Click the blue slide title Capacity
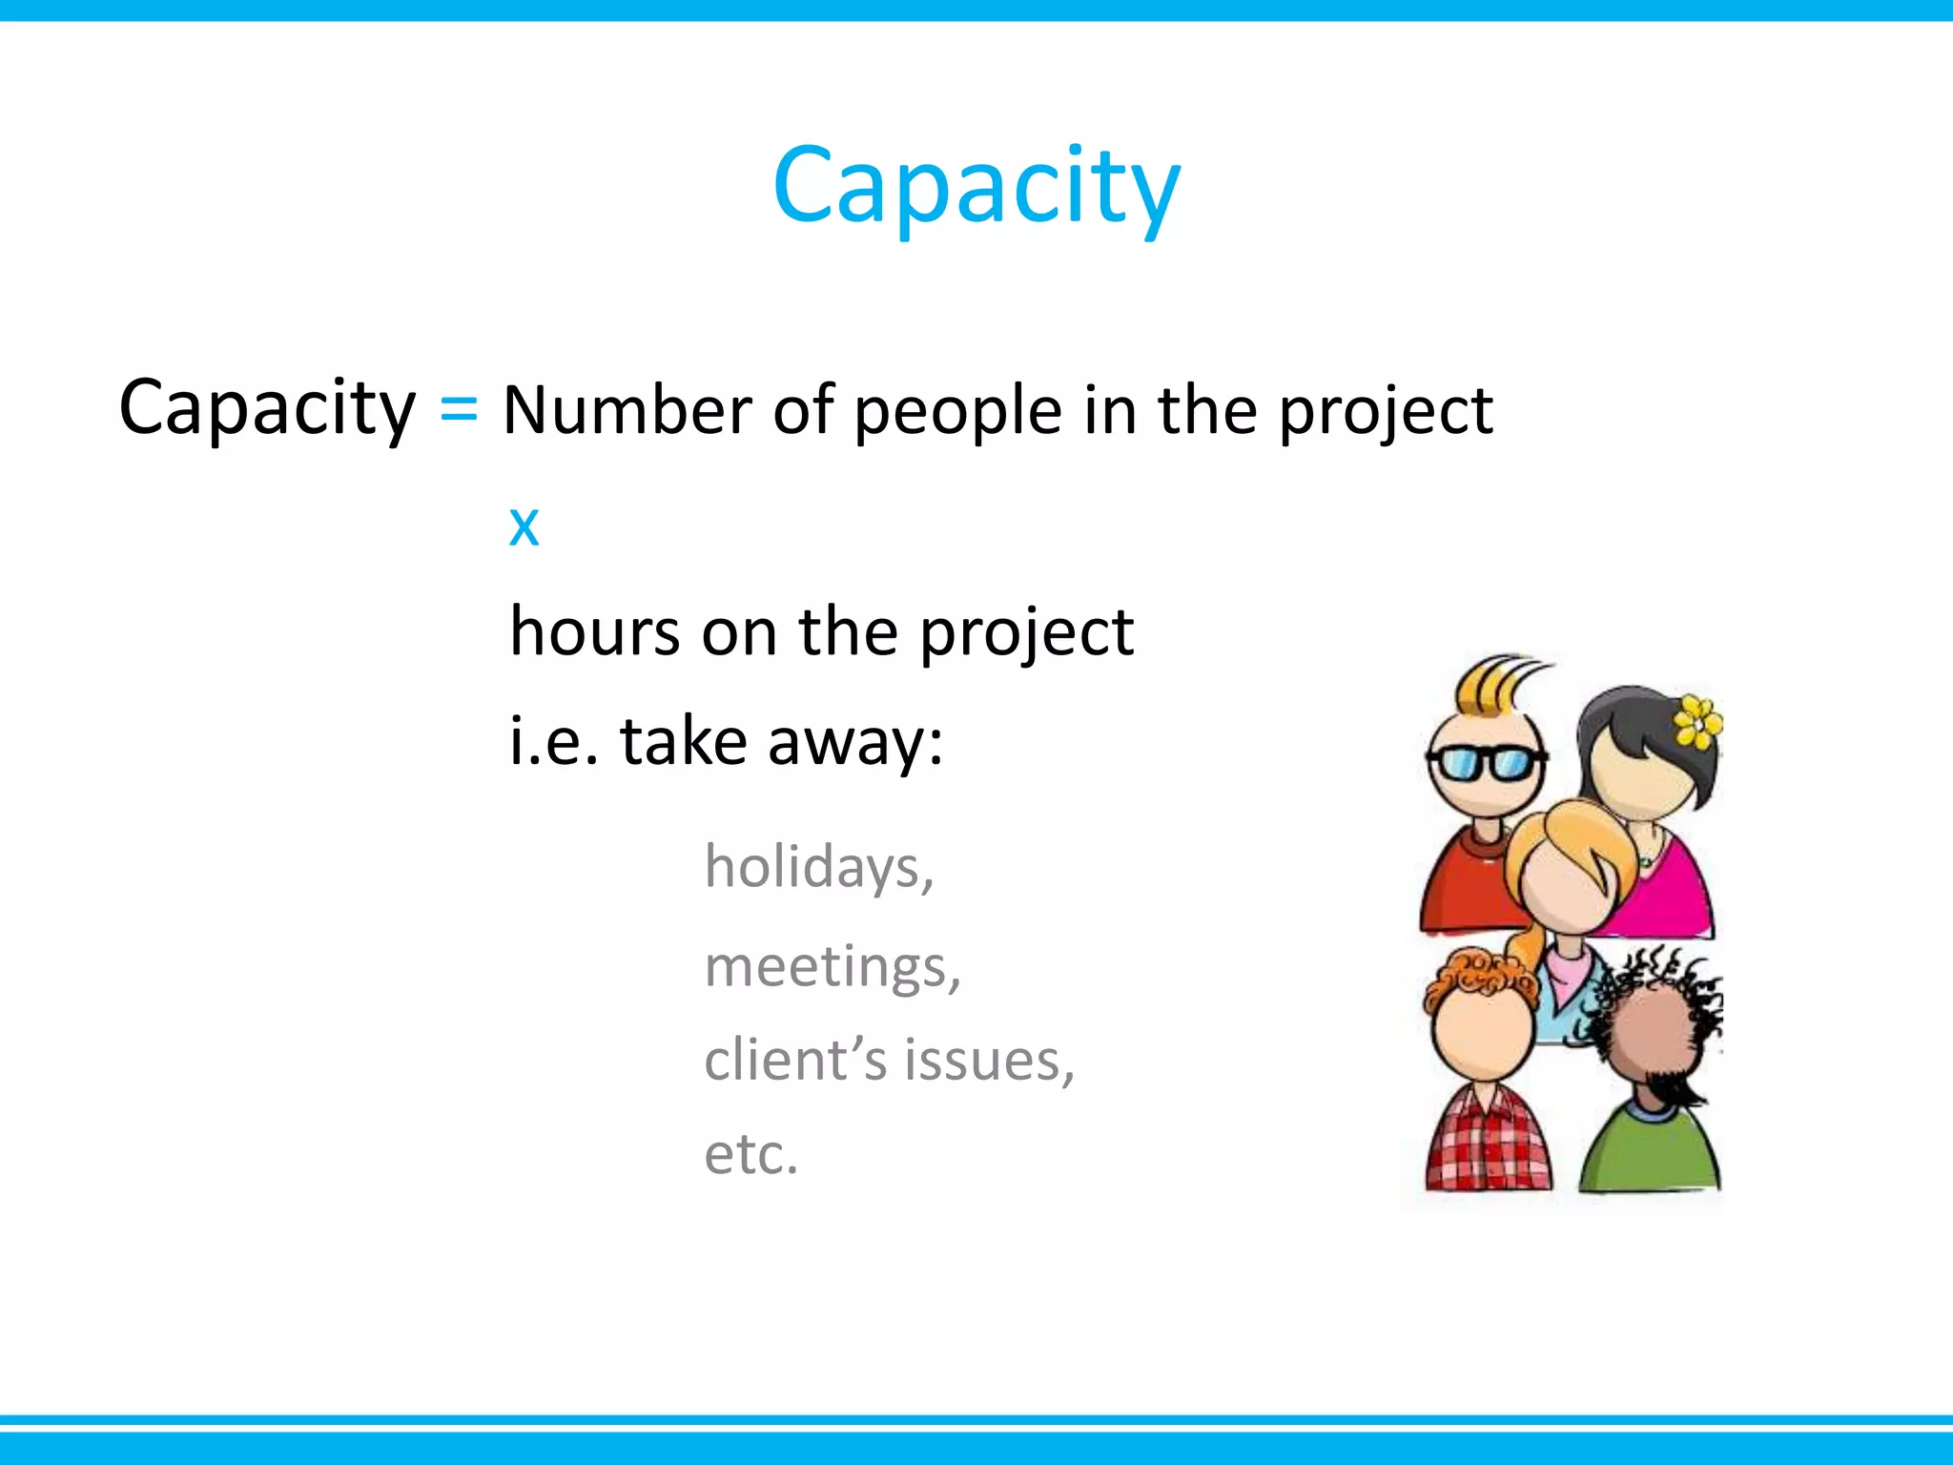[x=976, y=186]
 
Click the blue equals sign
[x=459, y=410]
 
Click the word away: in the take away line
[x=855, y=742]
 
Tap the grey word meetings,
[x=832, y=967]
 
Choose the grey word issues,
[x=989, y=1061]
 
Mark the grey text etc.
[x=750, y=1154]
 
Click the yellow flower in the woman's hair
[x=1697, y=722]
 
